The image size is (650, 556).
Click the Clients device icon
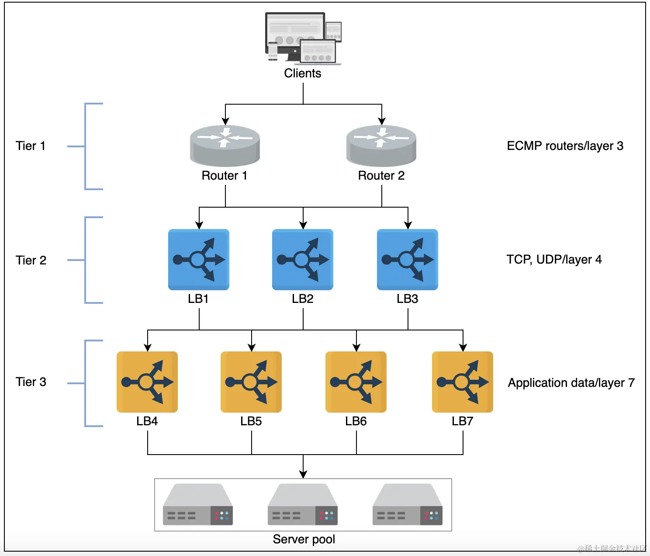[x=303, y=38]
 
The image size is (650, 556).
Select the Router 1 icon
[x=225, y=145]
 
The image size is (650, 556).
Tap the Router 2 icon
[x=381, y=145]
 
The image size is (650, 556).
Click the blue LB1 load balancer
[x=199, y=260]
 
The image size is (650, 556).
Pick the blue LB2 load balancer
[x=303, y=260]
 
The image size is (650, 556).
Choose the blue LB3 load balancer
[x=408, y=260]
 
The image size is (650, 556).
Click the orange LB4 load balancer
[x=147, y=382]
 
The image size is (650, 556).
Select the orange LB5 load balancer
[x=251, y=382]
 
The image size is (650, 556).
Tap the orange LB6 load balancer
[x=356, y=382]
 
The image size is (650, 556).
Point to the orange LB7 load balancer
[x=463, y=382]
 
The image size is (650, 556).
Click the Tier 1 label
[x=31, y=146]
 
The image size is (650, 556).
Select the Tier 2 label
[x=31, y=261]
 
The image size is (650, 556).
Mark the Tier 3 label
[x=31, y=382]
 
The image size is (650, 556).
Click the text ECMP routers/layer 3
[x=565, y=146]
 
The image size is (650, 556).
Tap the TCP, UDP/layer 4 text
[x=554, y=260]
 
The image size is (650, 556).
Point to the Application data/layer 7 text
[x=571, y=383]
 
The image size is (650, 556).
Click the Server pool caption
[x=304, y=539]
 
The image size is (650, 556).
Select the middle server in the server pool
[x=303, y=505]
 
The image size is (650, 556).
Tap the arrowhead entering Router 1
[x=225, y=121]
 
